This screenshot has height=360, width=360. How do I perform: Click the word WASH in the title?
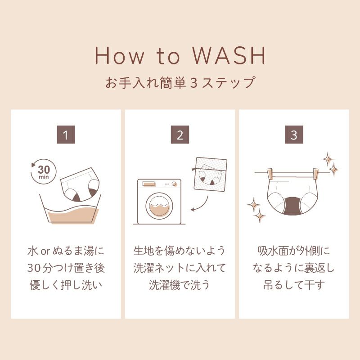click(229, 55)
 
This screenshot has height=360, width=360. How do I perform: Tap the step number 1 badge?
click(66, 135)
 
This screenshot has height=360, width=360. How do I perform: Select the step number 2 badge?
click(180, 135)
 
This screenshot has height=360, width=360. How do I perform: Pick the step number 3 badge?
click(294, 135)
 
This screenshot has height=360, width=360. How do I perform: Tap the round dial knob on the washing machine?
click(174, 184)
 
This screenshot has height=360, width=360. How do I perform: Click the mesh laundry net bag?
click(210, 174)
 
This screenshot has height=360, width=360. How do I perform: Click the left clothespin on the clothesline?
click(270, 174)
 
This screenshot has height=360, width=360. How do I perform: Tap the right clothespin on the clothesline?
click(316, 174)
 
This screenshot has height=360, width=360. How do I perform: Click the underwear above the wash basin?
click(81, 184)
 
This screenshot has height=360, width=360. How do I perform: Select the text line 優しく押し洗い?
click(66, 285)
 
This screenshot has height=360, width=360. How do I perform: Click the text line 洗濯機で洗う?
click(179, 285)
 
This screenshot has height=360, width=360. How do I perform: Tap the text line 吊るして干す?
click(294, 285)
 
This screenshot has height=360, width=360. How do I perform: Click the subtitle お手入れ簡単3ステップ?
click(180, 82)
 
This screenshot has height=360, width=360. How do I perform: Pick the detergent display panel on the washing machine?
click(149, 184)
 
